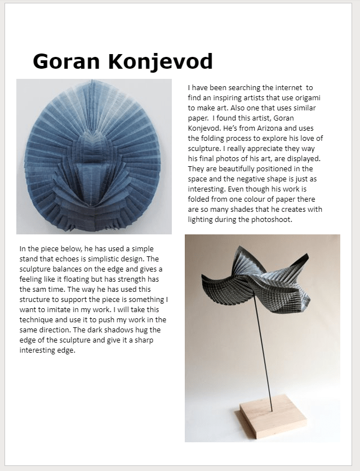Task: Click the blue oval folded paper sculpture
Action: tap(94, 155)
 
